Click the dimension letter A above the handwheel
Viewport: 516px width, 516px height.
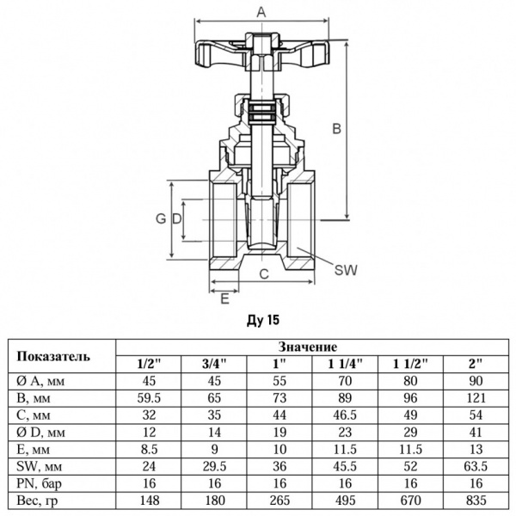click(261, 11)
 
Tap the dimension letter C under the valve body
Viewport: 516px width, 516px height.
click(265, 273)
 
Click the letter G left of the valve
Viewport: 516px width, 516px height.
click(160, 219)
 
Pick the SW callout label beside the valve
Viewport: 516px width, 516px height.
click(345, 269)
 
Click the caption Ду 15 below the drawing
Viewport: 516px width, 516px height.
click(262, 320)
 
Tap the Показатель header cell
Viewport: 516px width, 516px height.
click(61, 355)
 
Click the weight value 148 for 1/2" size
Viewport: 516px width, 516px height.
click(149, 500)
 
